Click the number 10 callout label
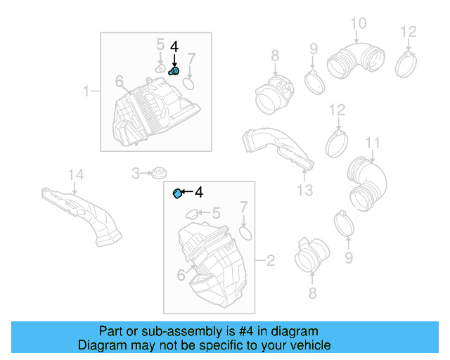pyautogui.click(x=358, y=24)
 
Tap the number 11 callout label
pyautogui.click(x=373, y=143)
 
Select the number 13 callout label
pyautogui.click(x=304, y=189)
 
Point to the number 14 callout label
pyautogui.click(x=75, y=174)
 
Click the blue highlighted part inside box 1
pyautogui.click(x=174, y=70)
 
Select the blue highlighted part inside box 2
pyautogui.click(x=178, y=193)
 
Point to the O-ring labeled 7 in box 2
pyautogui.click(x=245, y=233)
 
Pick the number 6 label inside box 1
pyautogui.click(x=120, y=82)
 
